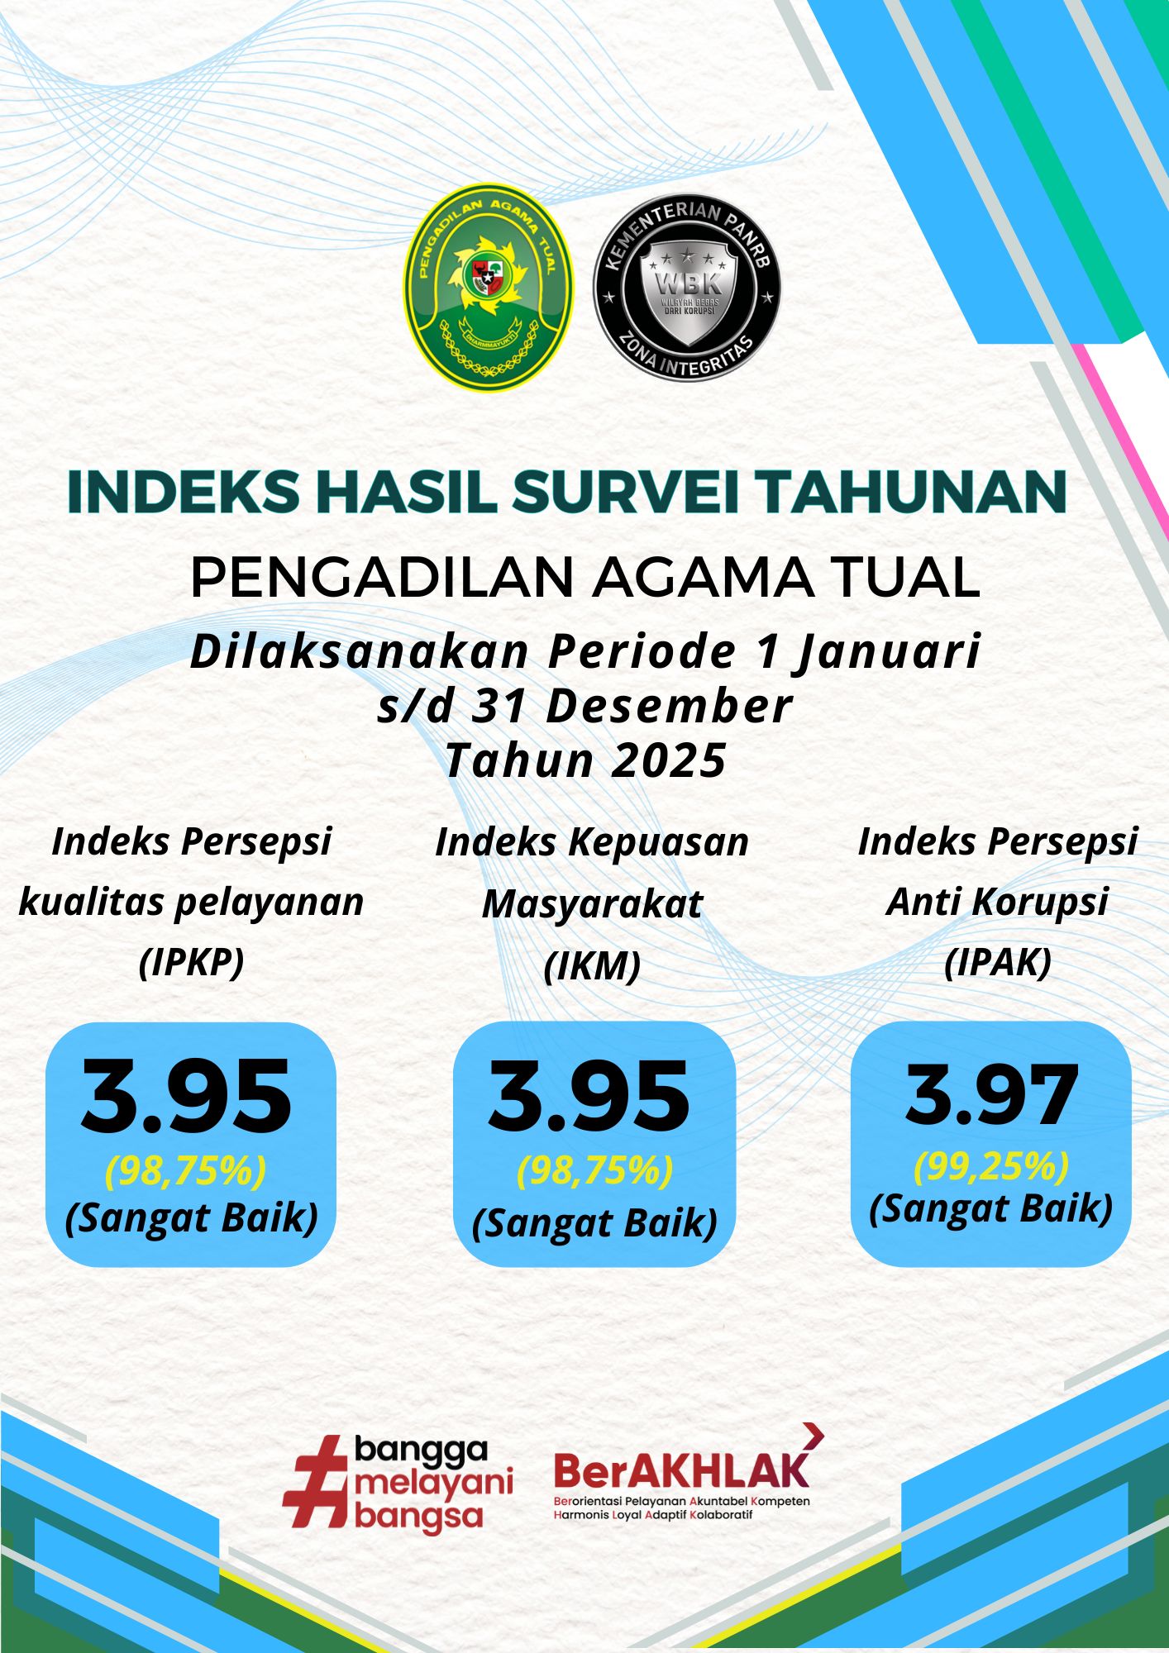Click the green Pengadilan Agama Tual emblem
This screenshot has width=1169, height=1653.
coord(489,287)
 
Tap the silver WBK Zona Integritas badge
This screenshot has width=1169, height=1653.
coord(687,288)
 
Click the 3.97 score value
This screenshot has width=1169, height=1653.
coord(992,1096)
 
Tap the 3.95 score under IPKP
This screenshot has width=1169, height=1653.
coord(187,1098)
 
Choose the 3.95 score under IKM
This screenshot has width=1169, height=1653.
coord(589,1097)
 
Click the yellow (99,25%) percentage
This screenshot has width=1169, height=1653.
coord(990,1166)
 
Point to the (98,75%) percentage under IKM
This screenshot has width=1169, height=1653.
coord(594,1170)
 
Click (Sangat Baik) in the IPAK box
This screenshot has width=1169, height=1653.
coord(990,1208)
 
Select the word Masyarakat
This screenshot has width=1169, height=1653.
coord(592,903)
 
